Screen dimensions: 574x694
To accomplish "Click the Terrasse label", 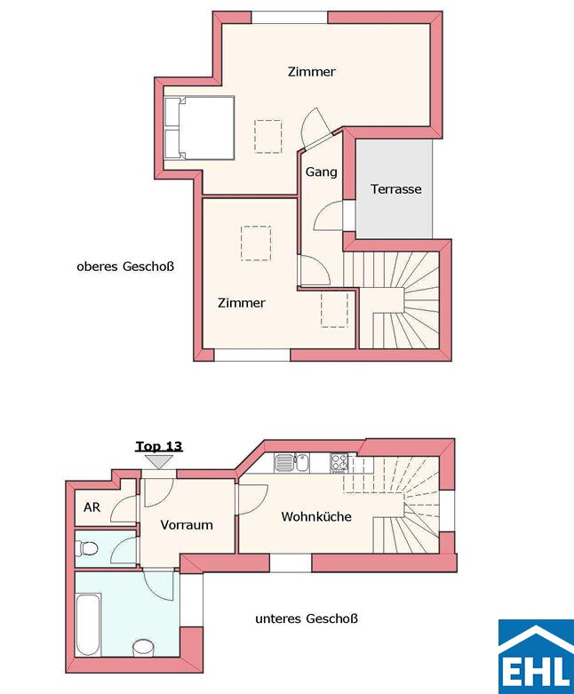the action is tap(396, 189).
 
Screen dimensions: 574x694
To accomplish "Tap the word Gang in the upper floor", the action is tap(322, 172).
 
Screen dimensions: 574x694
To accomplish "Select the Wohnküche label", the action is tap(316, 516).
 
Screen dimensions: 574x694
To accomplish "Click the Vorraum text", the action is tap(187, 525).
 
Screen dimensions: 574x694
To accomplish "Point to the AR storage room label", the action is tap(92, 507).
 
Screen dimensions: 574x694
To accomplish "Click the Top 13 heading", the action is tap(159, 446).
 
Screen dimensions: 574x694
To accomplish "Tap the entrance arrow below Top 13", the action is tap(159, 462).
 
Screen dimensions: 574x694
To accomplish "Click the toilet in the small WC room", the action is tap(87, 549).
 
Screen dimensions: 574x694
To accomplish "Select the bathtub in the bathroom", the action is tap(89, 626).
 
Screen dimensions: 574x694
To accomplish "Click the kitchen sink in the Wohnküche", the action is tap(291, 463).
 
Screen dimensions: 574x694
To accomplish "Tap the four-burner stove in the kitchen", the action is tap(339, 463).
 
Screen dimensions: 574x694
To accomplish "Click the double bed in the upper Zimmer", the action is tap(199, 127).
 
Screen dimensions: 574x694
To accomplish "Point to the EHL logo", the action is tap(536, 657).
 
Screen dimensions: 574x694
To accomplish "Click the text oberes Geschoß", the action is tap(125, 267).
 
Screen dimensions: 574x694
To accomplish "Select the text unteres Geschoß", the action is tap(307, 618).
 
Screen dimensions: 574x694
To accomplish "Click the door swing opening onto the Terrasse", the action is tap(327, 216).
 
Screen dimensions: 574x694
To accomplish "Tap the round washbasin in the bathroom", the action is tap(143, 648).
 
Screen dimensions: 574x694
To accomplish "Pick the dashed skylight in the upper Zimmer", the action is tap(268, 136).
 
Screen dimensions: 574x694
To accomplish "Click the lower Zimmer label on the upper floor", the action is tap(242, 303).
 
